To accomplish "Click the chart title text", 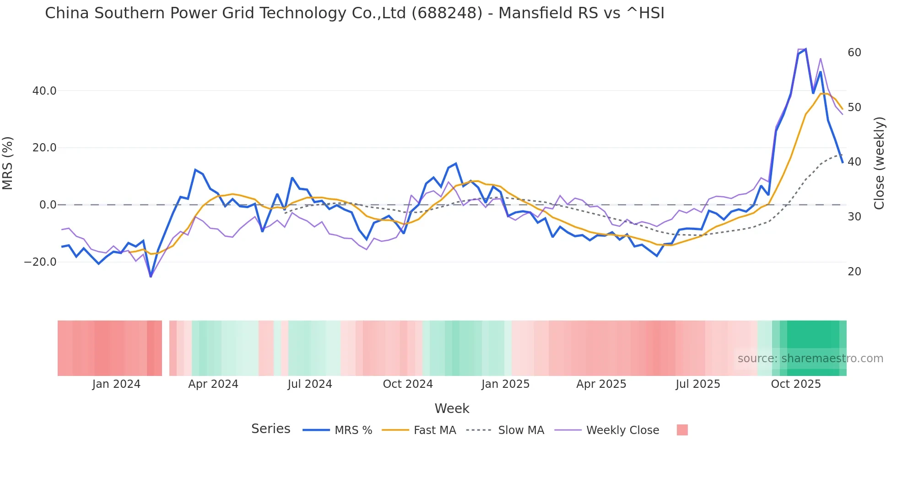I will [x=354, y=13].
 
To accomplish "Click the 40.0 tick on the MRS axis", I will [x=44, y=91].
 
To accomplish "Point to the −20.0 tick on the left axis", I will [x=40, y=262].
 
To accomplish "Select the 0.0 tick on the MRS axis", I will [x=48, y=205].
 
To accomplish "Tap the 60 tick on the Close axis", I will [x=854, y=53].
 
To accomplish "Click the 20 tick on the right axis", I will [x=854, y=272].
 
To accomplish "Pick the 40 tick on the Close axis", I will [x=854, y=162].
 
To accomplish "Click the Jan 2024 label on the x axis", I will [x=116, y=384].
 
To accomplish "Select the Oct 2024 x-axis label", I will [x=407, y=384].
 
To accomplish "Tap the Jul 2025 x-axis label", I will [x=697, y=384].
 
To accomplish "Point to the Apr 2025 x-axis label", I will [x=601, y=384].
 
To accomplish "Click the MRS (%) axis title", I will [x=8, y=163].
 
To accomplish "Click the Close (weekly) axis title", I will [x=879, y=163].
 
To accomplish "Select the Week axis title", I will [x=452, y=408].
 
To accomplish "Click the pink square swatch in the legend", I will [x=682, y=430].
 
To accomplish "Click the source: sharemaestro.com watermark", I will [x=810, y=359].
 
